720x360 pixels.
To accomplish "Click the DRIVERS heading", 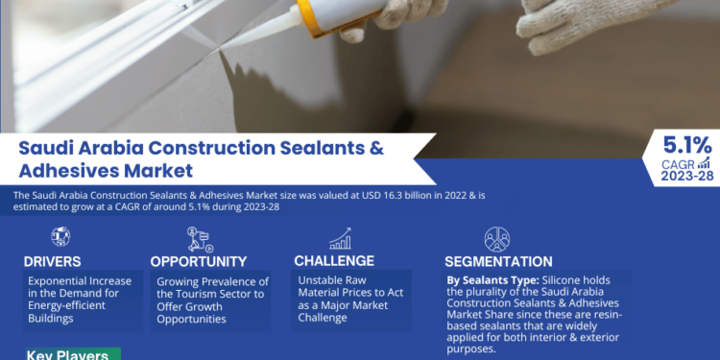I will [54, 260].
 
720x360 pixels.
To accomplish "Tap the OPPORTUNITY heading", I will [200, 260].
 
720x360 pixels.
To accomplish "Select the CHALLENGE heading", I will [335, 260].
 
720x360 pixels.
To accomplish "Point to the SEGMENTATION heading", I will [498, 261].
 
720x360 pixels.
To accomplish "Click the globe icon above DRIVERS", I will [60, 236].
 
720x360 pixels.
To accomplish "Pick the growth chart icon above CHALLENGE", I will [340, 237].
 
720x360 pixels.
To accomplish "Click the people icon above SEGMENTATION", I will [496, 237].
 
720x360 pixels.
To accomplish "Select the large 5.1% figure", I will [687, 145].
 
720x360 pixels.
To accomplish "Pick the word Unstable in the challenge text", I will [322, 279].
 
